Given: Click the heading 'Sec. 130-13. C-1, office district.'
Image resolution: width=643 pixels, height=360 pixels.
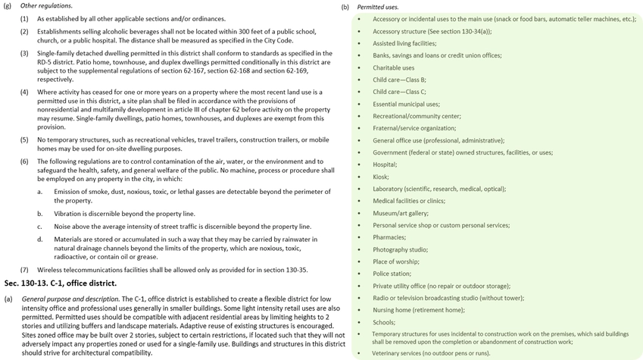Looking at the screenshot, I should pos(60,283).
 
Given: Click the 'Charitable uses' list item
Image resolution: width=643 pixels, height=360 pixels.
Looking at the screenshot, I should pos(394,67).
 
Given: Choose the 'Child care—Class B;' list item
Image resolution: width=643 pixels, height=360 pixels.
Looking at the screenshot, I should pos(399,80).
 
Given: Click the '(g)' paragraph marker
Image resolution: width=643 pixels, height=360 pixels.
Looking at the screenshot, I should pos(8,6).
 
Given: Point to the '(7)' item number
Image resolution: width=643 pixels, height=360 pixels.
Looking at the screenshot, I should pos(24,270).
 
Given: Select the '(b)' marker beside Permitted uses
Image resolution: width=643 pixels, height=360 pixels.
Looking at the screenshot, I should pos(345,6).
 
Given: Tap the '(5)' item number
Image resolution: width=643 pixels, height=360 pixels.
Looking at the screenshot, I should pos(24,139).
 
